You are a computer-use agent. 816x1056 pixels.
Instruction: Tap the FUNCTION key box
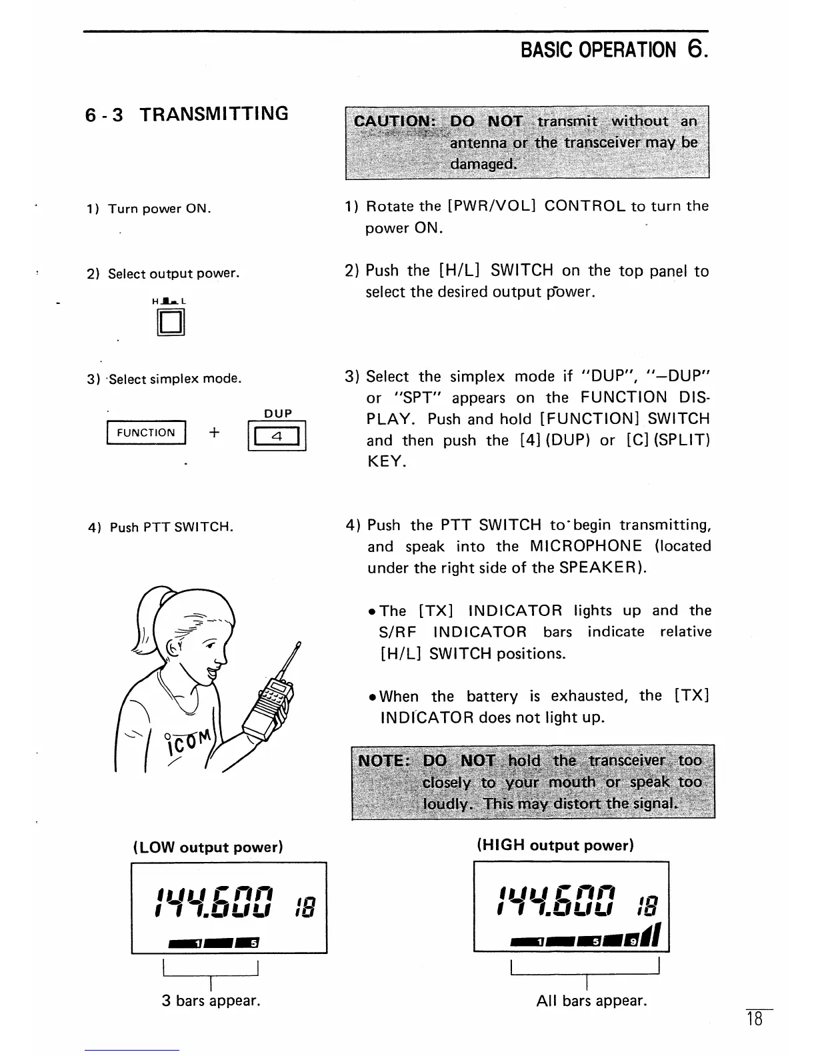point(146,433)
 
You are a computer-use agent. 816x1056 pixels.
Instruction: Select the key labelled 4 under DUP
point(277,438)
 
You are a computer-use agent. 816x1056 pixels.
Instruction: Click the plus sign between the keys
point(214,433)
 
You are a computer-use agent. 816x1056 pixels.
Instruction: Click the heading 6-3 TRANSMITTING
point(187,114)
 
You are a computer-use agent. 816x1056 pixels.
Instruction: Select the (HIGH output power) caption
point(555,845)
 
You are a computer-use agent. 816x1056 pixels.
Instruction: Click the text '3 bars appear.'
point(211,1001)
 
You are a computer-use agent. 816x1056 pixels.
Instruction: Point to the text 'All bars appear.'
point(591,1001)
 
